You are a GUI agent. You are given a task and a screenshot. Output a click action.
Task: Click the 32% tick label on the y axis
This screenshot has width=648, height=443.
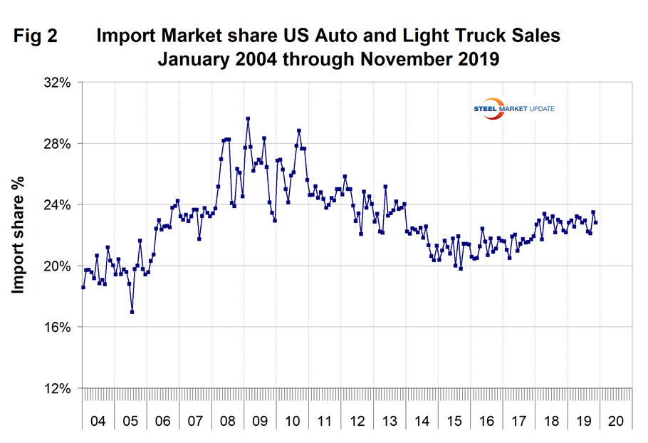[x=58, y=83]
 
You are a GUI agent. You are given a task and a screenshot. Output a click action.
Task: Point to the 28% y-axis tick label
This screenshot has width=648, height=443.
[x=58, y=144]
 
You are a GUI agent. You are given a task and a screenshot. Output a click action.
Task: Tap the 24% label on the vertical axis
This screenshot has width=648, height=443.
[x=58, y=205]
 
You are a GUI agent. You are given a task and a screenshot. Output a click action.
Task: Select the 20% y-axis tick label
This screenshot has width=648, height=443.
[x=58, y=266]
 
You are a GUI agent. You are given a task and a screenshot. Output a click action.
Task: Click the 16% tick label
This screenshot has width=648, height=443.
[x=58, y=328]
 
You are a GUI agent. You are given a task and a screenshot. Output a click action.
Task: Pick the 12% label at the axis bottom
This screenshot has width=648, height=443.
[x=58, y=389]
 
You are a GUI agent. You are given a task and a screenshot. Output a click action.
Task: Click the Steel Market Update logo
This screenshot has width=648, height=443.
[x=514, y=108]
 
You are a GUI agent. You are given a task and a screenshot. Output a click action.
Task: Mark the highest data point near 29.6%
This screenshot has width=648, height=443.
[x=248, y=119]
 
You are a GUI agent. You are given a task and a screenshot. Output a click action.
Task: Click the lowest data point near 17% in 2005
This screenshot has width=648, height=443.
[x=132, y=312]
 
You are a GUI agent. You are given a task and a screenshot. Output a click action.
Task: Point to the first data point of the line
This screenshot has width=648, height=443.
[x=83, y=287]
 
